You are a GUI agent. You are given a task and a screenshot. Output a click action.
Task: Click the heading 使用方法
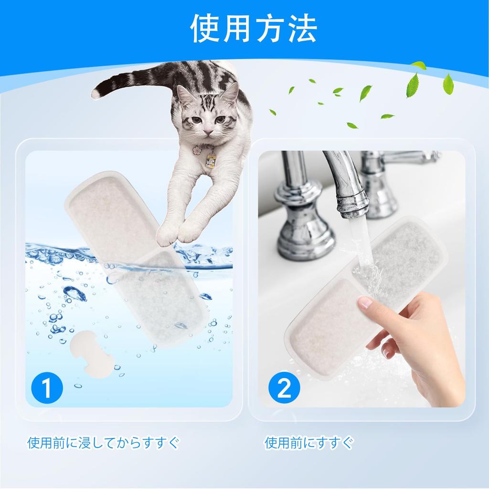pyautogui.click(x=254, y=29)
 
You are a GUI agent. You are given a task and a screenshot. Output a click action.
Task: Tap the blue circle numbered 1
pyautogui.click(x=46, y=388)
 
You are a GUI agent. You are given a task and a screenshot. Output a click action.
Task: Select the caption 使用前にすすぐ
pyautogui.click(x=309, y=443)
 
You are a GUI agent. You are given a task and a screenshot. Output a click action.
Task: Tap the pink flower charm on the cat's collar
pyautogui.click(x=197, y=151)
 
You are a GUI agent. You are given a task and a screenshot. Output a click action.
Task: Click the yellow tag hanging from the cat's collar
pyautogui.click(x=210, y=161)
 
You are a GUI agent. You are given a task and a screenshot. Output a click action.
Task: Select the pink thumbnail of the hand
pyautogui.click(x=365, y=302)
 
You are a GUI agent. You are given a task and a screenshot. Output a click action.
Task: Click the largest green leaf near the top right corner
pyautogui.click(x=412, y=85)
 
